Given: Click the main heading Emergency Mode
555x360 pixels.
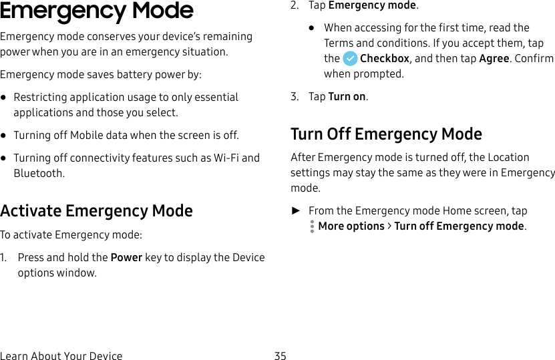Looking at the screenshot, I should click(97, 11).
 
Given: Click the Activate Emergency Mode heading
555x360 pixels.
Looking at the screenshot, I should click(97, 211).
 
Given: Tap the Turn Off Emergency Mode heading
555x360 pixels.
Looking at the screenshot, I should click(386, 134).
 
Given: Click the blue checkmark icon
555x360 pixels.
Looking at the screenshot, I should click(349, 59).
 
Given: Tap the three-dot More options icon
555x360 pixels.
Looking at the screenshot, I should click(312, 226).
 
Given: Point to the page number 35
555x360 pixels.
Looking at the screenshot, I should click(280, 356).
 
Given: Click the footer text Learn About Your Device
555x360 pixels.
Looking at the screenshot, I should click(61, 356).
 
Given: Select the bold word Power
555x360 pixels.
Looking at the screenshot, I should click(126, 258).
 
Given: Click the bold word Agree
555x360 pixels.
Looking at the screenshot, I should click(494, 59).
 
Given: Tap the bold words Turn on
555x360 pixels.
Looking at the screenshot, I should click(347, 97).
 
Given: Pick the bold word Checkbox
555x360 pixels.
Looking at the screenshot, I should click(385, 59).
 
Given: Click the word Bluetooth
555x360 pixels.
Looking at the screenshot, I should click(39, 174).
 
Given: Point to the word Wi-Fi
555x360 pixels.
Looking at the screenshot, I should click(226, 158).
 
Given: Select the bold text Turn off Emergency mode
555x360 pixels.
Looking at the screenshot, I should click(459, 226).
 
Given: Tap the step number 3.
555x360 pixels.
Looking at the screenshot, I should click(294, 97).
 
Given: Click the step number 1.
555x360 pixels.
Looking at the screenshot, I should click(3, 258).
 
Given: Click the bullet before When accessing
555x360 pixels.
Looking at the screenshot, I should click(312, 28).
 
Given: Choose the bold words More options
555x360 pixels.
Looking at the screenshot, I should click(351, 226).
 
